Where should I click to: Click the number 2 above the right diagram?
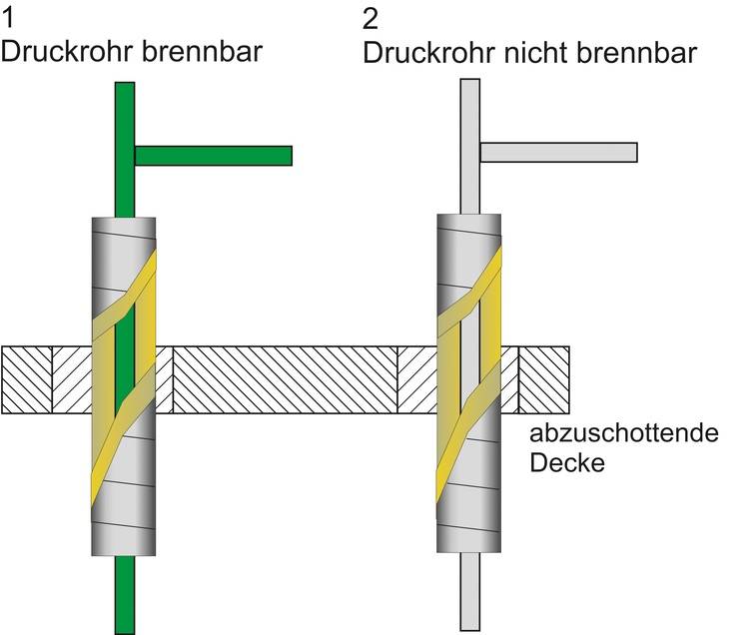[372, 19]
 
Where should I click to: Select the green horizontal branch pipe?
[213, 156]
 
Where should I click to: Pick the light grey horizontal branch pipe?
[558, 152]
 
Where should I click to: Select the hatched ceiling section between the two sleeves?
[285, 379]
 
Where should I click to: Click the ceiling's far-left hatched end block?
[26, 379]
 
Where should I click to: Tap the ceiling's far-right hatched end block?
[544, 379]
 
